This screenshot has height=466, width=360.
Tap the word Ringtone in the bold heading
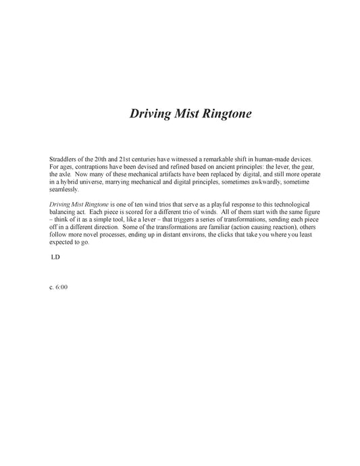tap(225, 114)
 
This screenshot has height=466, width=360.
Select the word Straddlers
tap(65, 157)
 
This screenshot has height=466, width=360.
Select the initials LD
tap(56, 258)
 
